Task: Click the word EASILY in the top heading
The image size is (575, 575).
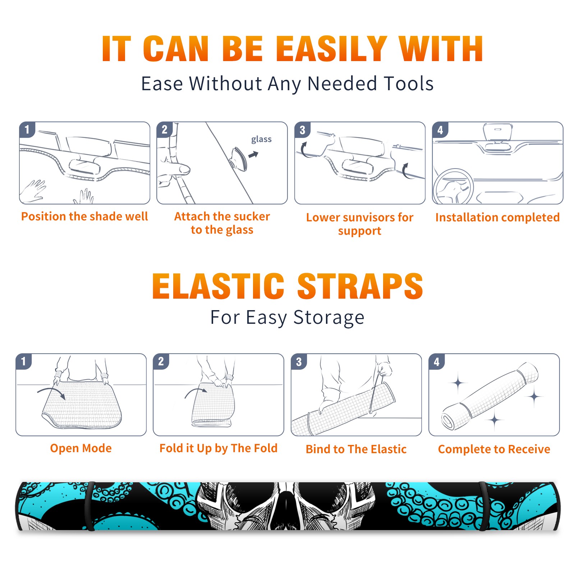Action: pos(331,49)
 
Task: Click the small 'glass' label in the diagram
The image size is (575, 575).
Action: pos(261,139)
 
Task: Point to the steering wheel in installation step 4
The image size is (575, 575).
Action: pos(453,187)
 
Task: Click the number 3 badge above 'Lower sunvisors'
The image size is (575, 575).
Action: pos(302,130)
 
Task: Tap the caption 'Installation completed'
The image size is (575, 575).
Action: pos(497,217)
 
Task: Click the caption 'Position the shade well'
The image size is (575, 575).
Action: pos(84,216)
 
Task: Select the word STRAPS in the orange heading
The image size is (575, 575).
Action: pos(360,286)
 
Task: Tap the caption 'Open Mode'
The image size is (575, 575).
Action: pos(81,448)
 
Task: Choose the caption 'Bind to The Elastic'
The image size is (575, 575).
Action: pos(356,449)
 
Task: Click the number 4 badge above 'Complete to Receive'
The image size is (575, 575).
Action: pos(437,362)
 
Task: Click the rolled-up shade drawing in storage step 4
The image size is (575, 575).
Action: pos(490,396)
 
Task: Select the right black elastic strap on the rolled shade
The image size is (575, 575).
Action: pos(484,506)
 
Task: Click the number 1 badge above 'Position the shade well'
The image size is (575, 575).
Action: pos(27,130)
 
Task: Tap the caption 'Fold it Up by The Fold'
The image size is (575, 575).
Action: pos(218,448)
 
